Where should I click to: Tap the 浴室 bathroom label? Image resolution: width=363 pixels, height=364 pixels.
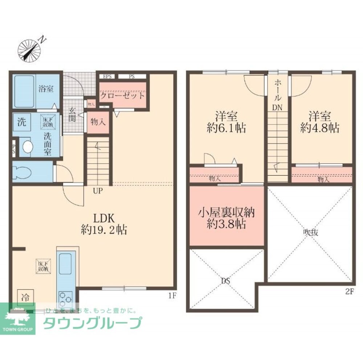tap(45, 87)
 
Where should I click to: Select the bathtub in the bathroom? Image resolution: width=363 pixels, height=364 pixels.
tap(24, 91)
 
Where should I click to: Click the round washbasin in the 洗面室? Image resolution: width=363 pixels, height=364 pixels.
tap(27, 147)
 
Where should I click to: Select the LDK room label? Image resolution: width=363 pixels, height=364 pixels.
tap(105, 218)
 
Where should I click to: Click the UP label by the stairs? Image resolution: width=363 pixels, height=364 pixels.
tap(98, 191)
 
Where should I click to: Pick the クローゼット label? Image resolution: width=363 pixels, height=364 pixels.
tap(123, 96)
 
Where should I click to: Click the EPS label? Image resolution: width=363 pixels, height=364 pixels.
tap(107, 77)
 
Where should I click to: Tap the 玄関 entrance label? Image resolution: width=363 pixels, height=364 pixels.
tap(73, 115)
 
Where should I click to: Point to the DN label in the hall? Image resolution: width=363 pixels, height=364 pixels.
tap(278, 108)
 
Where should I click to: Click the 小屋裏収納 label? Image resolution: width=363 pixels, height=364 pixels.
tap(226, 212)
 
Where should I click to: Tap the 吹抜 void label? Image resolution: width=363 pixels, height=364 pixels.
tap(311, 233)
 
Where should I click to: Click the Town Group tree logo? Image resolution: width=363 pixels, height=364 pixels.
tap(17, 317)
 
